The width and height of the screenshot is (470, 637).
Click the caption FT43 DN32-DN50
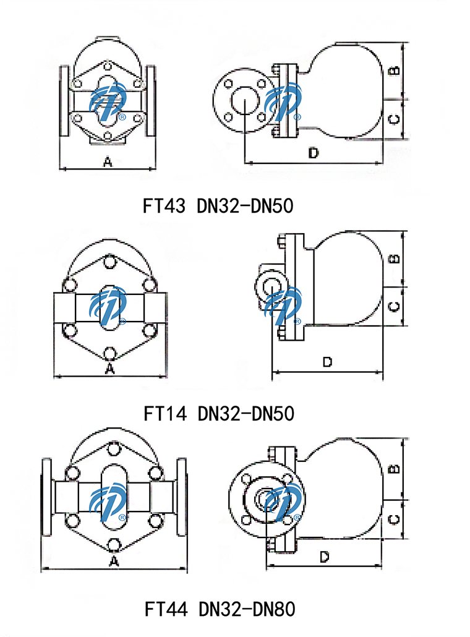[218, 205]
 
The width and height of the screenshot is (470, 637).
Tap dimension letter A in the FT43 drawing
[107, 162]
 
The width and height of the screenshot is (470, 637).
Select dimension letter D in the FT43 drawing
[313, 153]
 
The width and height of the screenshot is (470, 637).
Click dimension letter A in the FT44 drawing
[113, 561]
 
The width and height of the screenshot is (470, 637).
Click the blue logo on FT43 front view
[109, 101]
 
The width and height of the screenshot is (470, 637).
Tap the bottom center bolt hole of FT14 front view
[110, 353]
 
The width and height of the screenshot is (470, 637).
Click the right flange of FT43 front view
[152, 101]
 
